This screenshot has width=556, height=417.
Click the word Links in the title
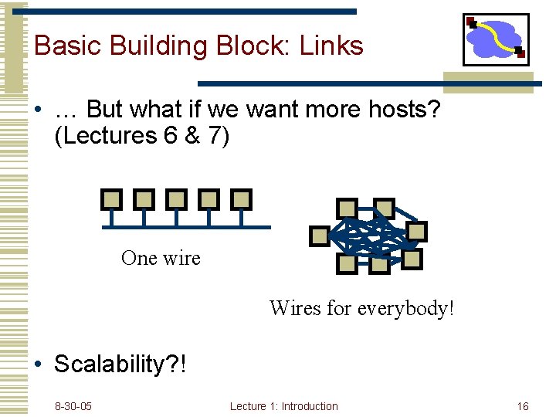pyautogui.click(x=331, y=46)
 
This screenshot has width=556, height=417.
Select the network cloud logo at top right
pyautogui.click(x=496, y=39)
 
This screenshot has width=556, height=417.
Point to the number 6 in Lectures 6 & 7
pyautogui.click(x=171, y=136)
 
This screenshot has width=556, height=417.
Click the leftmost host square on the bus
pyautogui.click(x=112, y=200)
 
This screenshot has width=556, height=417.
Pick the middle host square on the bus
pyautogui.click(x=176, y=200)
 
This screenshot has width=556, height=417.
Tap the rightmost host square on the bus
pyautogui.click(x=241, y=200)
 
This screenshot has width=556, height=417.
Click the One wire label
pyautogui.click(x=161, y=258)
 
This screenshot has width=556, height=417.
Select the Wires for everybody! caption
pyautogui.click(x=361, y=308)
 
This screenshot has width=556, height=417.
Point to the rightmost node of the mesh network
pyautogui.click(x=417, y=232)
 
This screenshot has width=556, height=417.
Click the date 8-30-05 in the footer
pyautogui.click(x=73, y=406)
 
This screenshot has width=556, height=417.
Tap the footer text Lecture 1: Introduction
pyautogui.click(x=283, y=406)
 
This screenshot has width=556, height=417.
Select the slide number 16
pyautogui.click(x=523, y=406)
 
